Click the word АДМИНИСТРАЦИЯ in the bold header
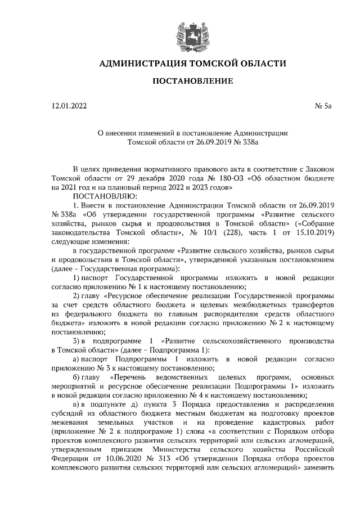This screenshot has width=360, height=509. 138,64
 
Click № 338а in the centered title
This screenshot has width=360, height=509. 245,143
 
